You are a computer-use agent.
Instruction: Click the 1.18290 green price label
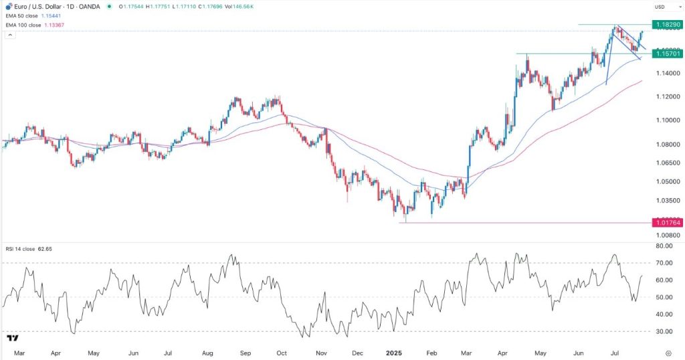pos(668,24)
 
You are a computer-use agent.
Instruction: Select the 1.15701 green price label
pos(668,53)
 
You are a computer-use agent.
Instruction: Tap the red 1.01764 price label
pos(668,222)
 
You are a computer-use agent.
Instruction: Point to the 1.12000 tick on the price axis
pos(668,97)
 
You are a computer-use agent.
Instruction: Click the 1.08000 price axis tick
pos(668,144)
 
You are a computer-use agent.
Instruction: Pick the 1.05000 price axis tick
pos(668,181)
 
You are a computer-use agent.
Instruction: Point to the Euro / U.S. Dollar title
pos(42,6)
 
